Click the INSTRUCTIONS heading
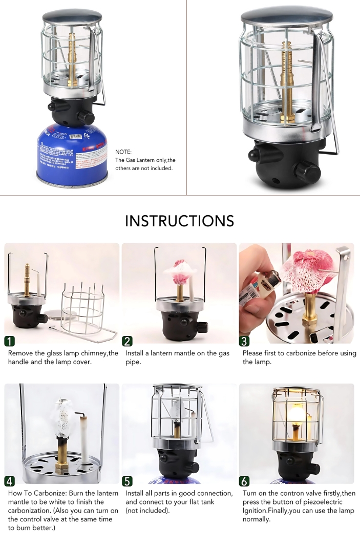pyautogui.click(x=179, y=221)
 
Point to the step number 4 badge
pyautogui.click(x=10, y=481)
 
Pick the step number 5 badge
pyautogui.click(x=128, y=481)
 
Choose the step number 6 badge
pyautogui.click(x=245, y=481)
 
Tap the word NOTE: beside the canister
pyautogui.click(x=123, y=152)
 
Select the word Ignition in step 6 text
pyautogui.click(x=256, y=511)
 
